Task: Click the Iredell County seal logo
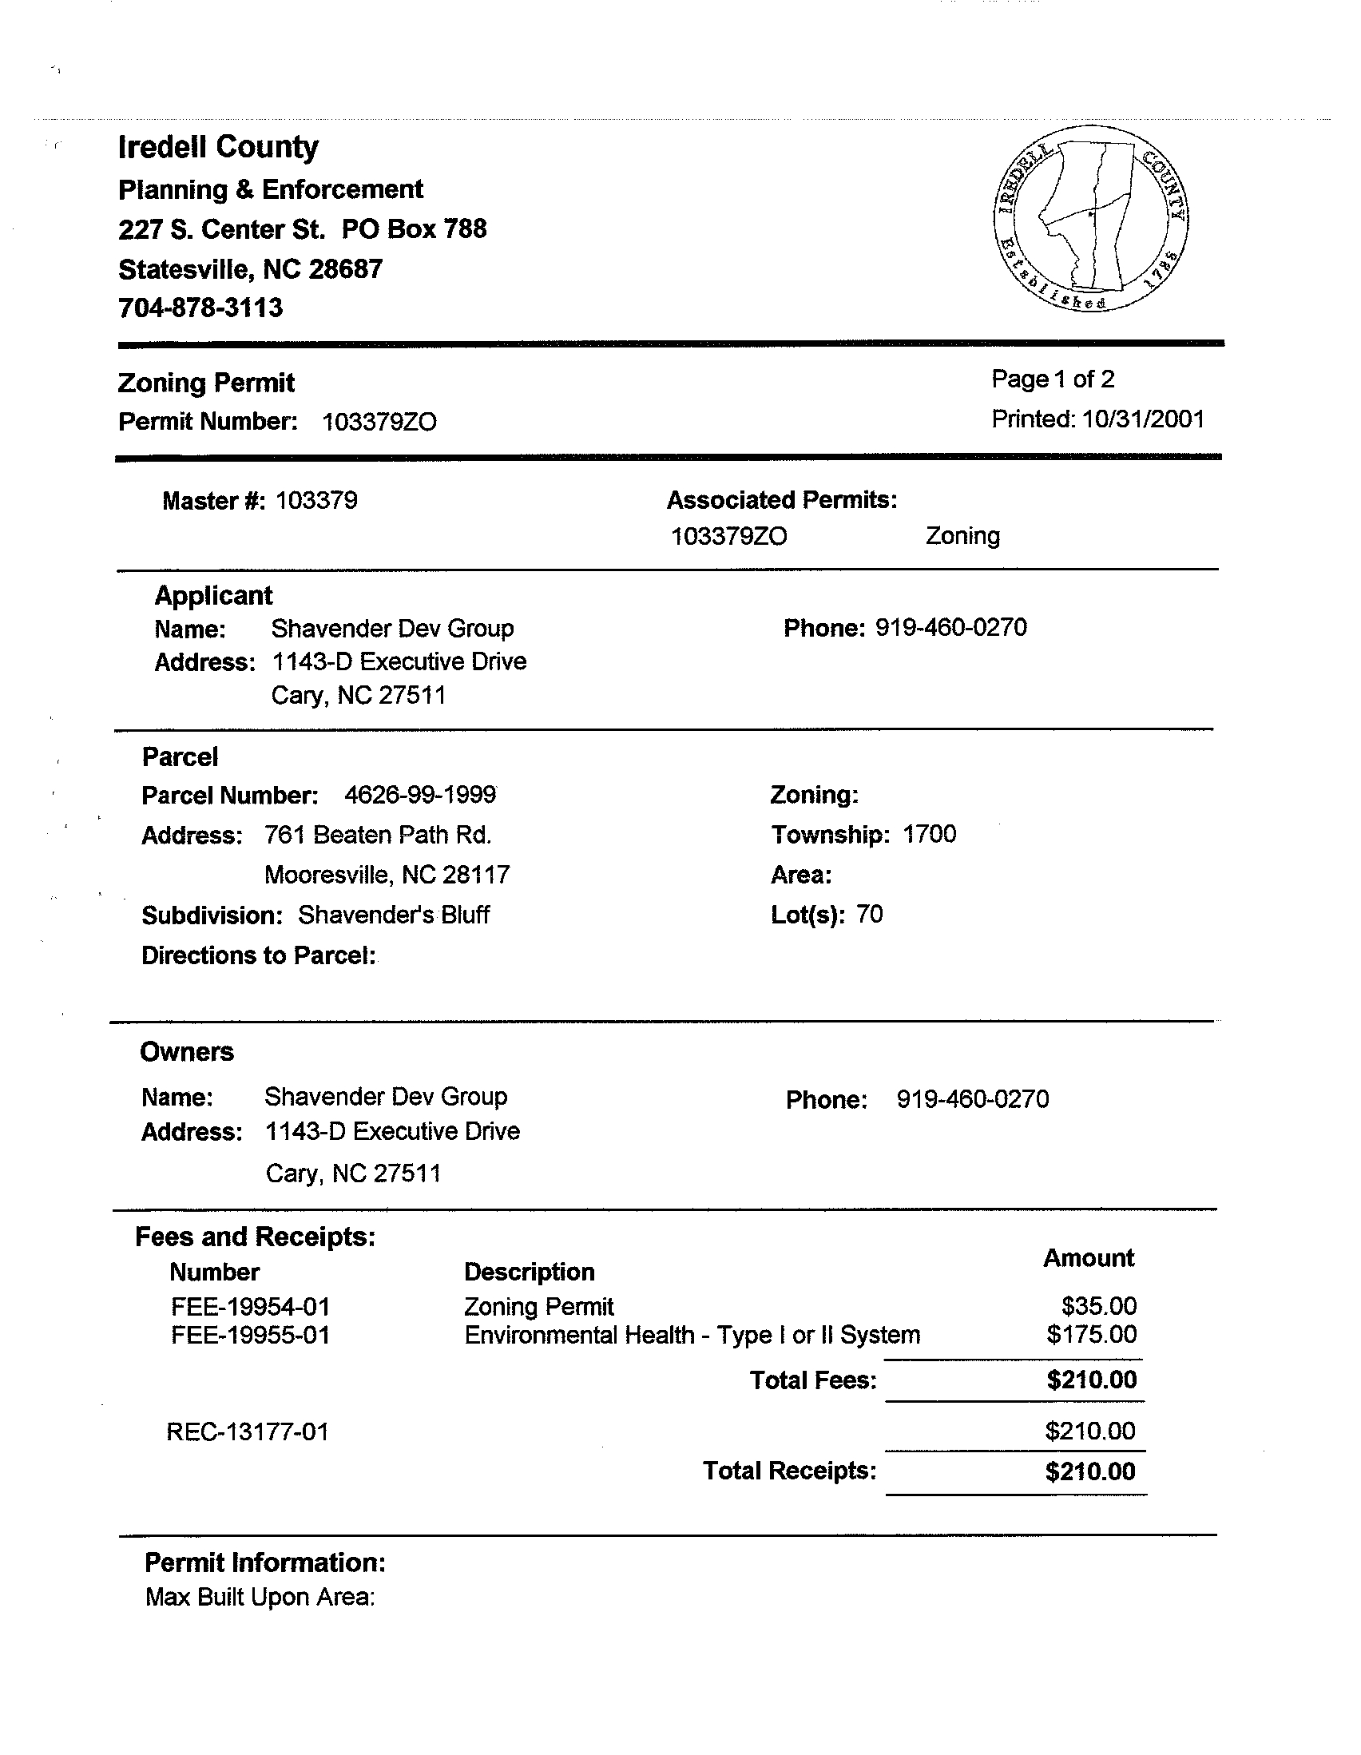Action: [x=1090, y=219]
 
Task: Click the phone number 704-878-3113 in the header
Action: [x=200, y=308]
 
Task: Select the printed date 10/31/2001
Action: [x=1142, y=419]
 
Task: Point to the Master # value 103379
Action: [x=316, y=501]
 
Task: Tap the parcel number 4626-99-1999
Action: [x=419, y=795]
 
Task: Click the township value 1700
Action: [x=929, y=834]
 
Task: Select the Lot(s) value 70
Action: [x=869, y=914]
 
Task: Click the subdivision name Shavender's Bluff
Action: [x=394, y=915]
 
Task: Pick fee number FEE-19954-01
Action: [x=251, y=1307]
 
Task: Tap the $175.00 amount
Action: [x=1091, y=1335]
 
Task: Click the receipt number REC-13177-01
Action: [x=248, y=1432]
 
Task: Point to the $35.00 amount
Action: [x=1098, y=1306]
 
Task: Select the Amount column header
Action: [x=1088, y=1258]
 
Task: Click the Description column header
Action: [x=530, y=1272]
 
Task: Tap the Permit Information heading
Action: [x=265, y=1563]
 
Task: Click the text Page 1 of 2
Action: [x=1053, y=379]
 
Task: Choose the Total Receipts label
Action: [x=789, y=1471]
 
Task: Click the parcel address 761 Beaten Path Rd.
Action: [x=378, y=835]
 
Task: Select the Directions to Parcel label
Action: [x=259, y=955]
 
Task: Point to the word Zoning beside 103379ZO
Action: [x=962, y=536]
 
